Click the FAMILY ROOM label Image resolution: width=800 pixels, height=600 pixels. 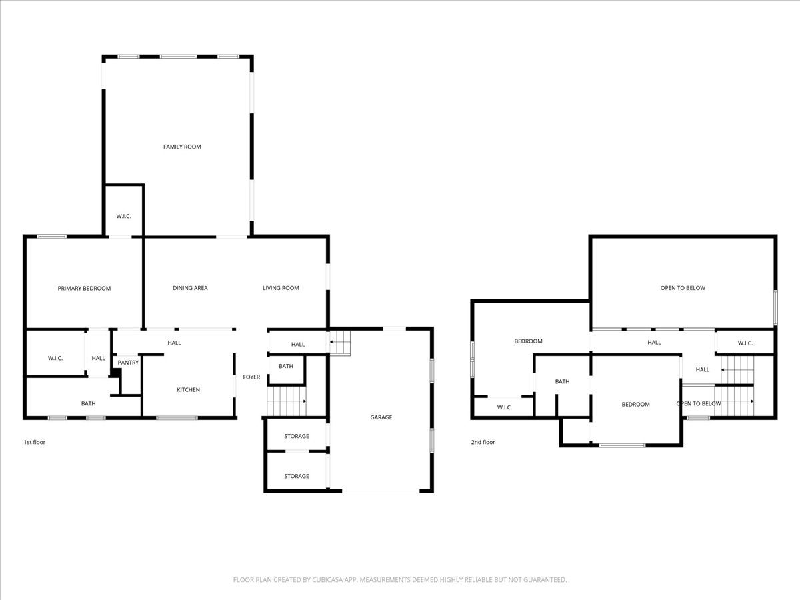(182, 147)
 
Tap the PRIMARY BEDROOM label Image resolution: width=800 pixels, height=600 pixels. (84, 288)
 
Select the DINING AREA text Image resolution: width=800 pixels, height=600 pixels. (190, 288)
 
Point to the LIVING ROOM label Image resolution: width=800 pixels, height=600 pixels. (281, 288)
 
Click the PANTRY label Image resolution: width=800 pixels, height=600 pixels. (128, 363)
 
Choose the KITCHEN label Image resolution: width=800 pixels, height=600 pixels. (188, 390)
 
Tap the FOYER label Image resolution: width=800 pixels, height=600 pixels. (251, 377)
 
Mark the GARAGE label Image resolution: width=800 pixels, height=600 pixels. (381, 417)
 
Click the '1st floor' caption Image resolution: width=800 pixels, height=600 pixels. (35, 442)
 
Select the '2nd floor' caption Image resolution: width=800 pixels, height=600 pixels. (483, 442)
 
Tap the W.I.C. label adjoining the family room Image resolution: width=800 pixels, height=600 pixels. (123, 216)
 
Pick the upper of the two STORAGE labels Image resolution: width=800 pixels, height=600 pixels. (297, 436)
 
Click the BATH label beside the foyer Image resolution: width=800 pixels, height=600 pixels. (286, 367)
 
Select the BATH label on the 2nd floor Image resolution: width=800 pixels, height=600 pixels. (563, 382)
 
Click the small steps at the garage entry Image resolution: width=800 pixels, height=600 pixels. (341, 344)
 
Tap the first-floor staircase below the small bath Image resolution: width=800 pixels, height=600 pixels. (286, 401)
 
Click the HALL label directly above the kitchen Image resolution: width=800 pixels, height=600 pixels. (174, 343)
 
